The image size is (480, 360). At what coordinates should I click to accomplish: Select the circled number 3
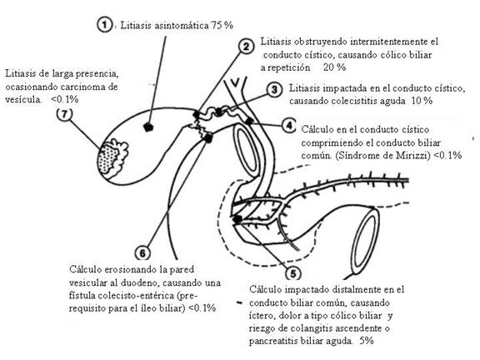pos(274,88)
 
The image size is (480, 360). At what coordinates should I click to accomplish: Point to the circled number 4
pos(287,126)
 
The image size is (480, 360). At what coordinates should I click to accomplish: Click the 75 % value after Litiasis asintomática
pos(220,26)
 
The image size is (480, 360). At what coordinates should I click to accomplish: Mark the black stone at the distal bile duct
pos(239,219)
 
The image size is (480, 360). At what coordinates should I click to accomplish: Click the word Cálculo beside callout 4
pos(319,129)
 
